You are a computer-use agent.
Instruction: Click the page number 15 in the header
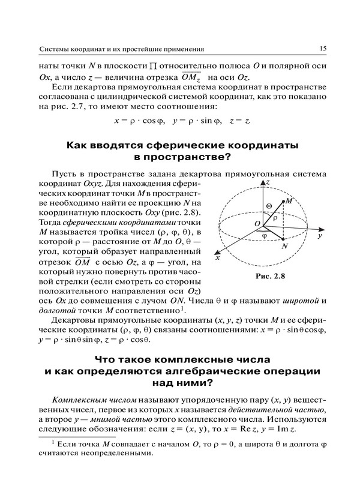pos(322,47)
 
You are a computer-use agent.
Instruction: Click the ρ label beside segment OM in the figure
pos(275,218)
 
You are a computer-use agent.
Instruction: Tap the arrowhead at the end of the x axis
pos(223,254)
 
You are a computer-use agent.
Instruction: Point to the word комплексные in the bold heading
pos(178,359)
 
